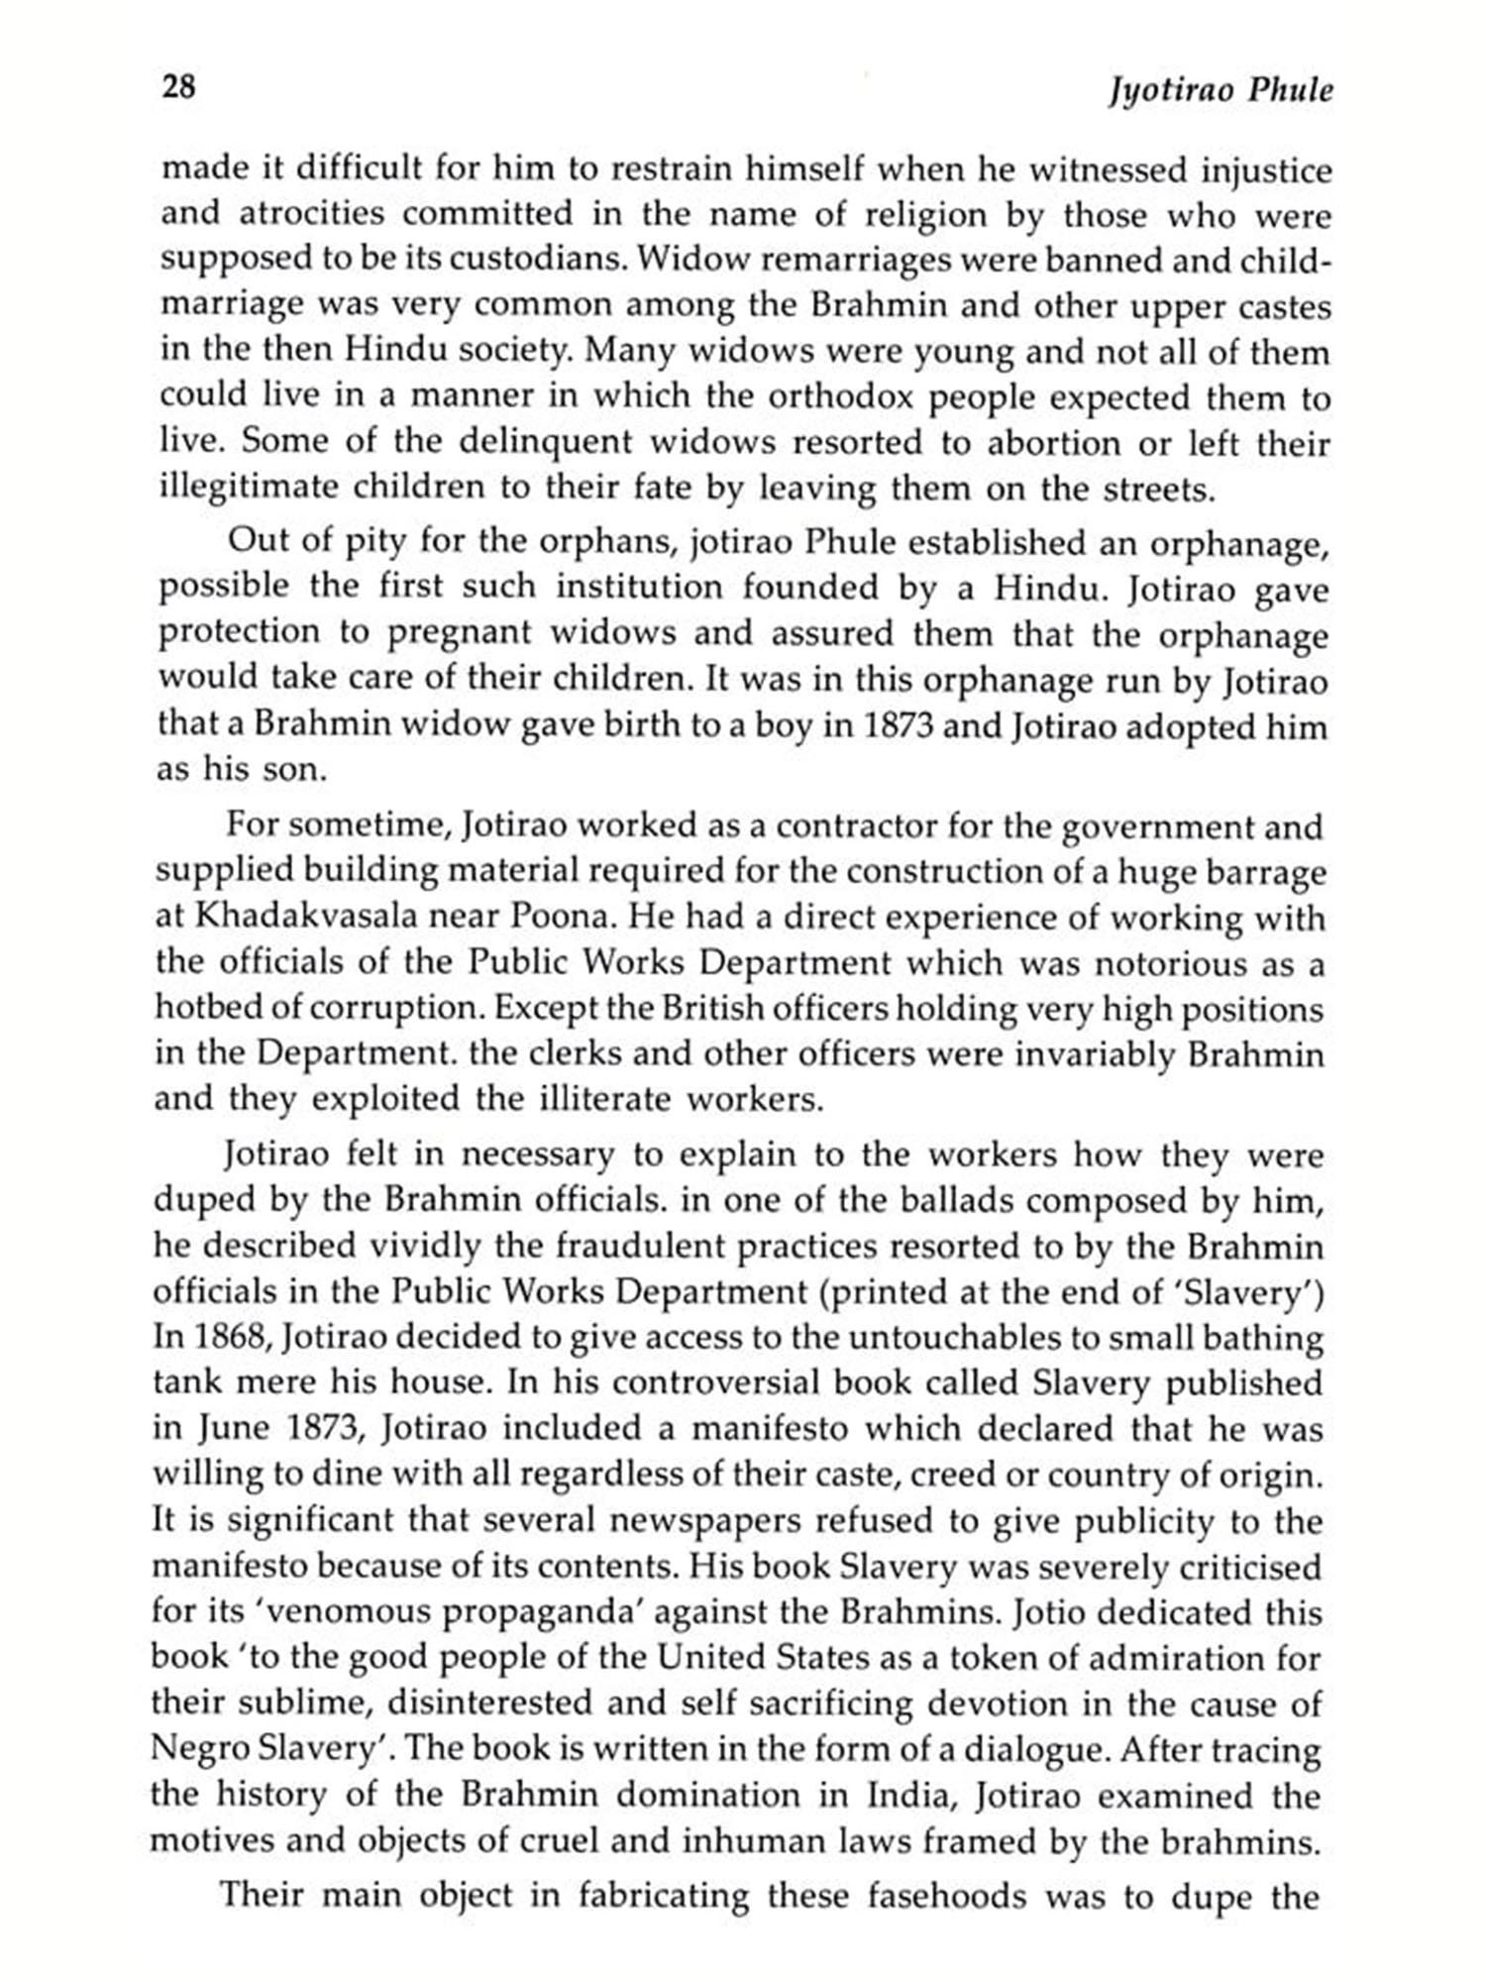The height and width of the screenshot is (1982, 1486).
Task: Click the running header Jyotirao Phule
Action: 1221,91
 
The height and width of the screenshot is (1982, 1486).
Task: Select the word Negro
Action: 199,1749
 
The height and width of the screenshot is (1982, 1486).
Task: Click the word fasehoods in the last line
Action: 956,1896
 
